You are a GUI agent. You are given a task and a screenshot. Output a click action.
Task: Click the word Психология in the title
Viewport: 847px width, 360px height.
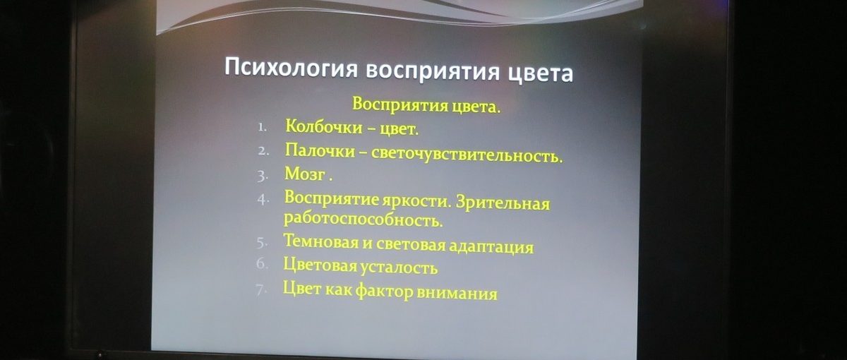(291, 67)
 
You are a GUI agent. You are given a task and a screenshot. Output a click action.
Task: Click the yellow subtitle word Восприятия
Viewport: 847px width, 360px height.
(400, 104)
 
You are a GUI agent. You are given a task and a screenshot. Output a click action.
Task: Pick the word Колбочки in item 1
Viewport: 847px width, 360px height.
(323, 126)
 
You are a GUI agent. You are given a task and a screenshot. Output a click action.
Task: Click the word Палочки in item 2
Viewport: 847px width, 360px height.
(320, 150)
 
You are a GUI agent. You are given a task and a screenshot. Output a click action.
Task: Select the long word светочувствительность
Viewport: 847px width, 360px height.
(467, 155)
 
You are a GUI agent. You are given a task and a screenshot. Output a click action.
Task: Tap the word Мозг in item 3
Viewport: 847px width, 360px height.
(305, 174)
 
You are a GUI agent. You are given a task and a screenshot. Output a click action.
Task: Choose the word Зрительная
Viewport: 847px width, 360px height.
(503, 203)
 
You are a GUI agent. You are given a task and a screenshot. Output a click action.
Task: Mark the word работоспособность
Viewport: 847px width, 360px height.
(363, 220)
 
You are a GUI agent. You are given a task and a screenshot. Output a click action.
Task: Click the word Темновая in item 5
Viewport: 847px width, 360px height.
(320, 241)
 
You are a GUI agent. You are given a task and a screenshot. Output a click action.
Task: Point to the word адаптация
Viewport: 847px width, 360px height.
(491, 246)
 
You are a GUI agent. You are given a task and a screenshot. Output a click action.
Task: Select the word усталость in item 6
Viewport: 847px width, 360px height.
(398, 268)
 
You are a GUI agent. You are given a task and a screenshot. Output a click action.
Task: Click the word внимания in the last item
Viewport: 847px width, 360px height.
(457, 294)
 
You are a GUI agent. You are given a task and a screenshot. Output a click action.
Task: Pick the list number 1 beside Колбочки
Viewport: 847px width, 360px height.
(263, 127)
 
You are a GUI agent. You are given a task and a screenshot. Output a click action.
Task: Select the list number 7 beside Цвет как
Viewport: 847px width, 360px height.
(260, 290)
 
